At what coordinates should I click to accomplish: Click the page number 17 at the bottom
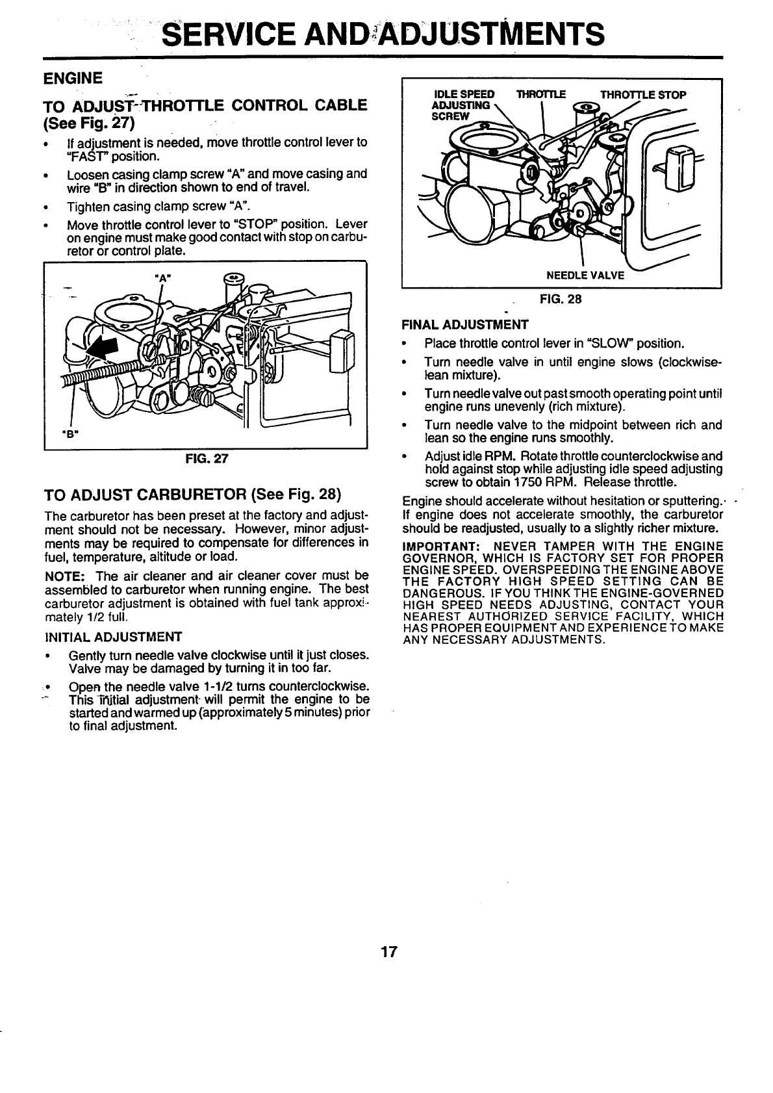pos(388,953)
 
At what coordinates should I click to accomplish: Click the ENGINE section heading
pos(72,79)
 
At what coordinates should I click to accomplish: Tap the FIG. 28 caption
pos(561,300)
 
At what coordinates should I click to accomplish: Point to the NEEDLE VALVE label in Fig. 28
pos(585,276)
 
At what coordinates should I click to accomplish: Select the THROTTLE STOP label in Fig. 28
pos(643,95)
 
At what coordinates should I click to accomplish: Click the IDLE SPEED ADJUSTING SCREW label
pos(463,105)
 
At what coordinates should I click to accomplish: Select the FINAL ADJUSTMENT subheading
pos(465,324)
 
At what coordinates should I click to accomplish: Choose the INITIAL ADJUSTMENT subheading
pos(112,636)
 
